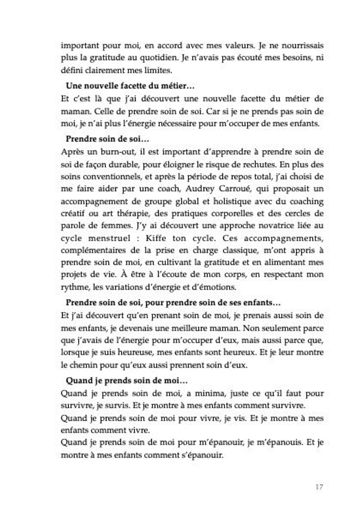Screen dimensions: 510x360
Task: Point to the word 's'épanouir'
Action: (201, 455)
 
